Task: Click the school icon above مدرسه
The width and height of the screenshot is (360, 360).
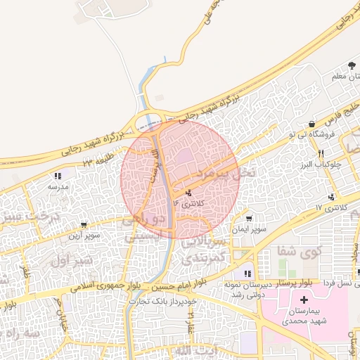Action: (x=57, y=176)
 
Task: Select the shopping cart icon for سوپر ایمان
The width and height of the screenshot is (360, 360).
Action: (x=248, y=219)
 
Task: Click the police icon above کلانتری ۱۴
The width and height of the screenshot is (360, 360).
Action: (x=188, y=193)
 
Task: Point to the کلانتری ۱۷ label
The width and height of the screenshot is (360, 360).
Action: (x=333, y=207)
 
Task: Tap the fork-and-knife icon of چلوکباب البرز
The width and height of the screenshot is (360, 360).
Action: (x=320, y=153)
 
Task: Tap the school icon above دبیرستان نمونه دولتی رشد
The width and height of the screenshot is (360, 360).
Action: (x=247, y=274)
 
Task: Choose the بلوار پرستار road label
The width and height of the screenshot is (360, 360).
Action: (x=288, y=281)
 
